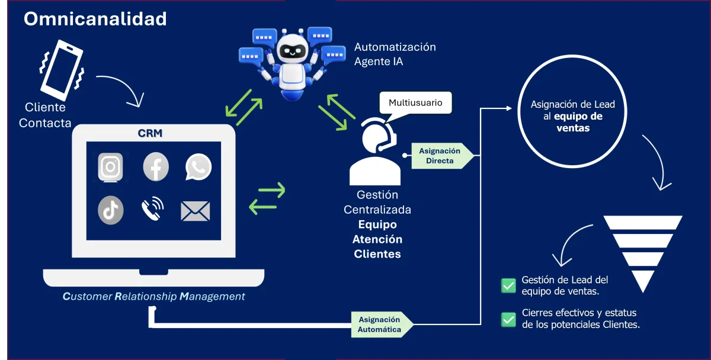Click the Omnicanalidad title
click(95, 19)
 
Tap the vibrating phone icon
click(62, 70)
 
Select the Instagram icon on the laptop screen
click(110, 167)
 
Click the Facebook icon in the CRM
click(156, 167)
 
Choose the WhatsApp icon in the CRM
click(197, 167)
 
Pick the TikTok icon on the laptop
click(111, 210)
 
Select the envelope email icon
click(196, 211)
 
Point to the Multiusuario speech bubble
click(415, 103)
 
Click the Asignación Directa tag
click(441, 156)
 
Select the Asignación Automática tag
click(380, 324)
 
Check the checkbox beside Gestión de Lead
click(508, 285)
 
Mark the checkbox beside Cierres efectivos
click(508, 319)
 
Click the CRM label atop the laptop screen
click(150, 134)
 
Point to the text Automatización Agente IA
click(395, 54)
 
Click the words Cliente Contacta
click(45, 115)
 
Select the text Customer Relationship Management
click(153, 296)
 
